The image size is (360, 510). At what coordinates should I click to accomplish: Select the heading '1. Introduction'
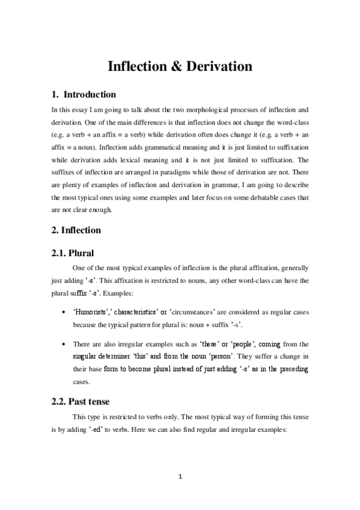82,94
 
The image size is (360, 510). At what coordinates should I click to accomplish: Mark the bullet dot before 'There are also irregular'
64,343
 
